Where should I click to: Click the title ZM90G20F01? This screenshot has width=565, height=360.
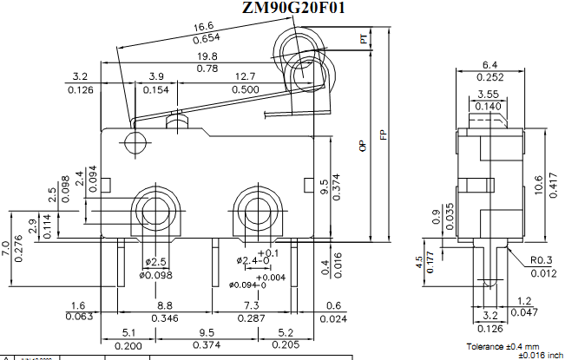(x=294, y=9)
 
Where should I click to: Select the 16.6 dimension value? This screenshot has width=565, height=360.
(x=205, y=28)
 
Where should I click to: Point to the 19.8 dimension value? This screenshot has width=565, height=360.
(x=207, y=56)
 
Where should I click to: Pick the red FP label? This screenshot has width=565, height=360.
(x=382, y=135)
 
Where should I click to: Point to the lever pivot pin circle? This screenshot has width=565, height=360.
(x=134, y=141)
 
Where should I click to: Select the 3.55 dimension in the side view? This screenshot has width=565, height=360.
(x=487, y=94)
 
